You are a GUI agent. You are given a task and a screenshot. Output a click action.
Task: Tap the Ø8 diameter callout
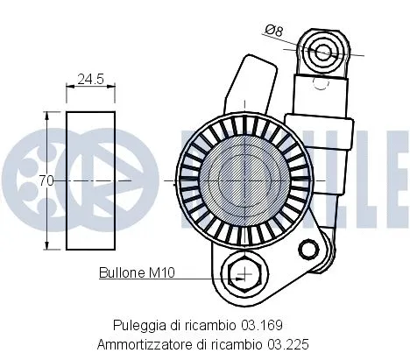[276, 31]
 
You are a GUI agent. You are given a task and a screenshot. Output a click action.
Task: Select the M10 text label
[161, 273]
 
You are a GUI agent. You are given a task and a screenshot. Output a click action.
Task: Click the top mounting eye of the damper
[323, 51]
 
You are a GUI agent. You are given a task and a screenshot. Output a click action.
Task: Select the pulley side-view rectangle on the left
[91, 180]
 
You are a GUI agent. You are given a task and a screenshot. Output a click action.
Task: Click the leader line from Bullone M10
[201, 279]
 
